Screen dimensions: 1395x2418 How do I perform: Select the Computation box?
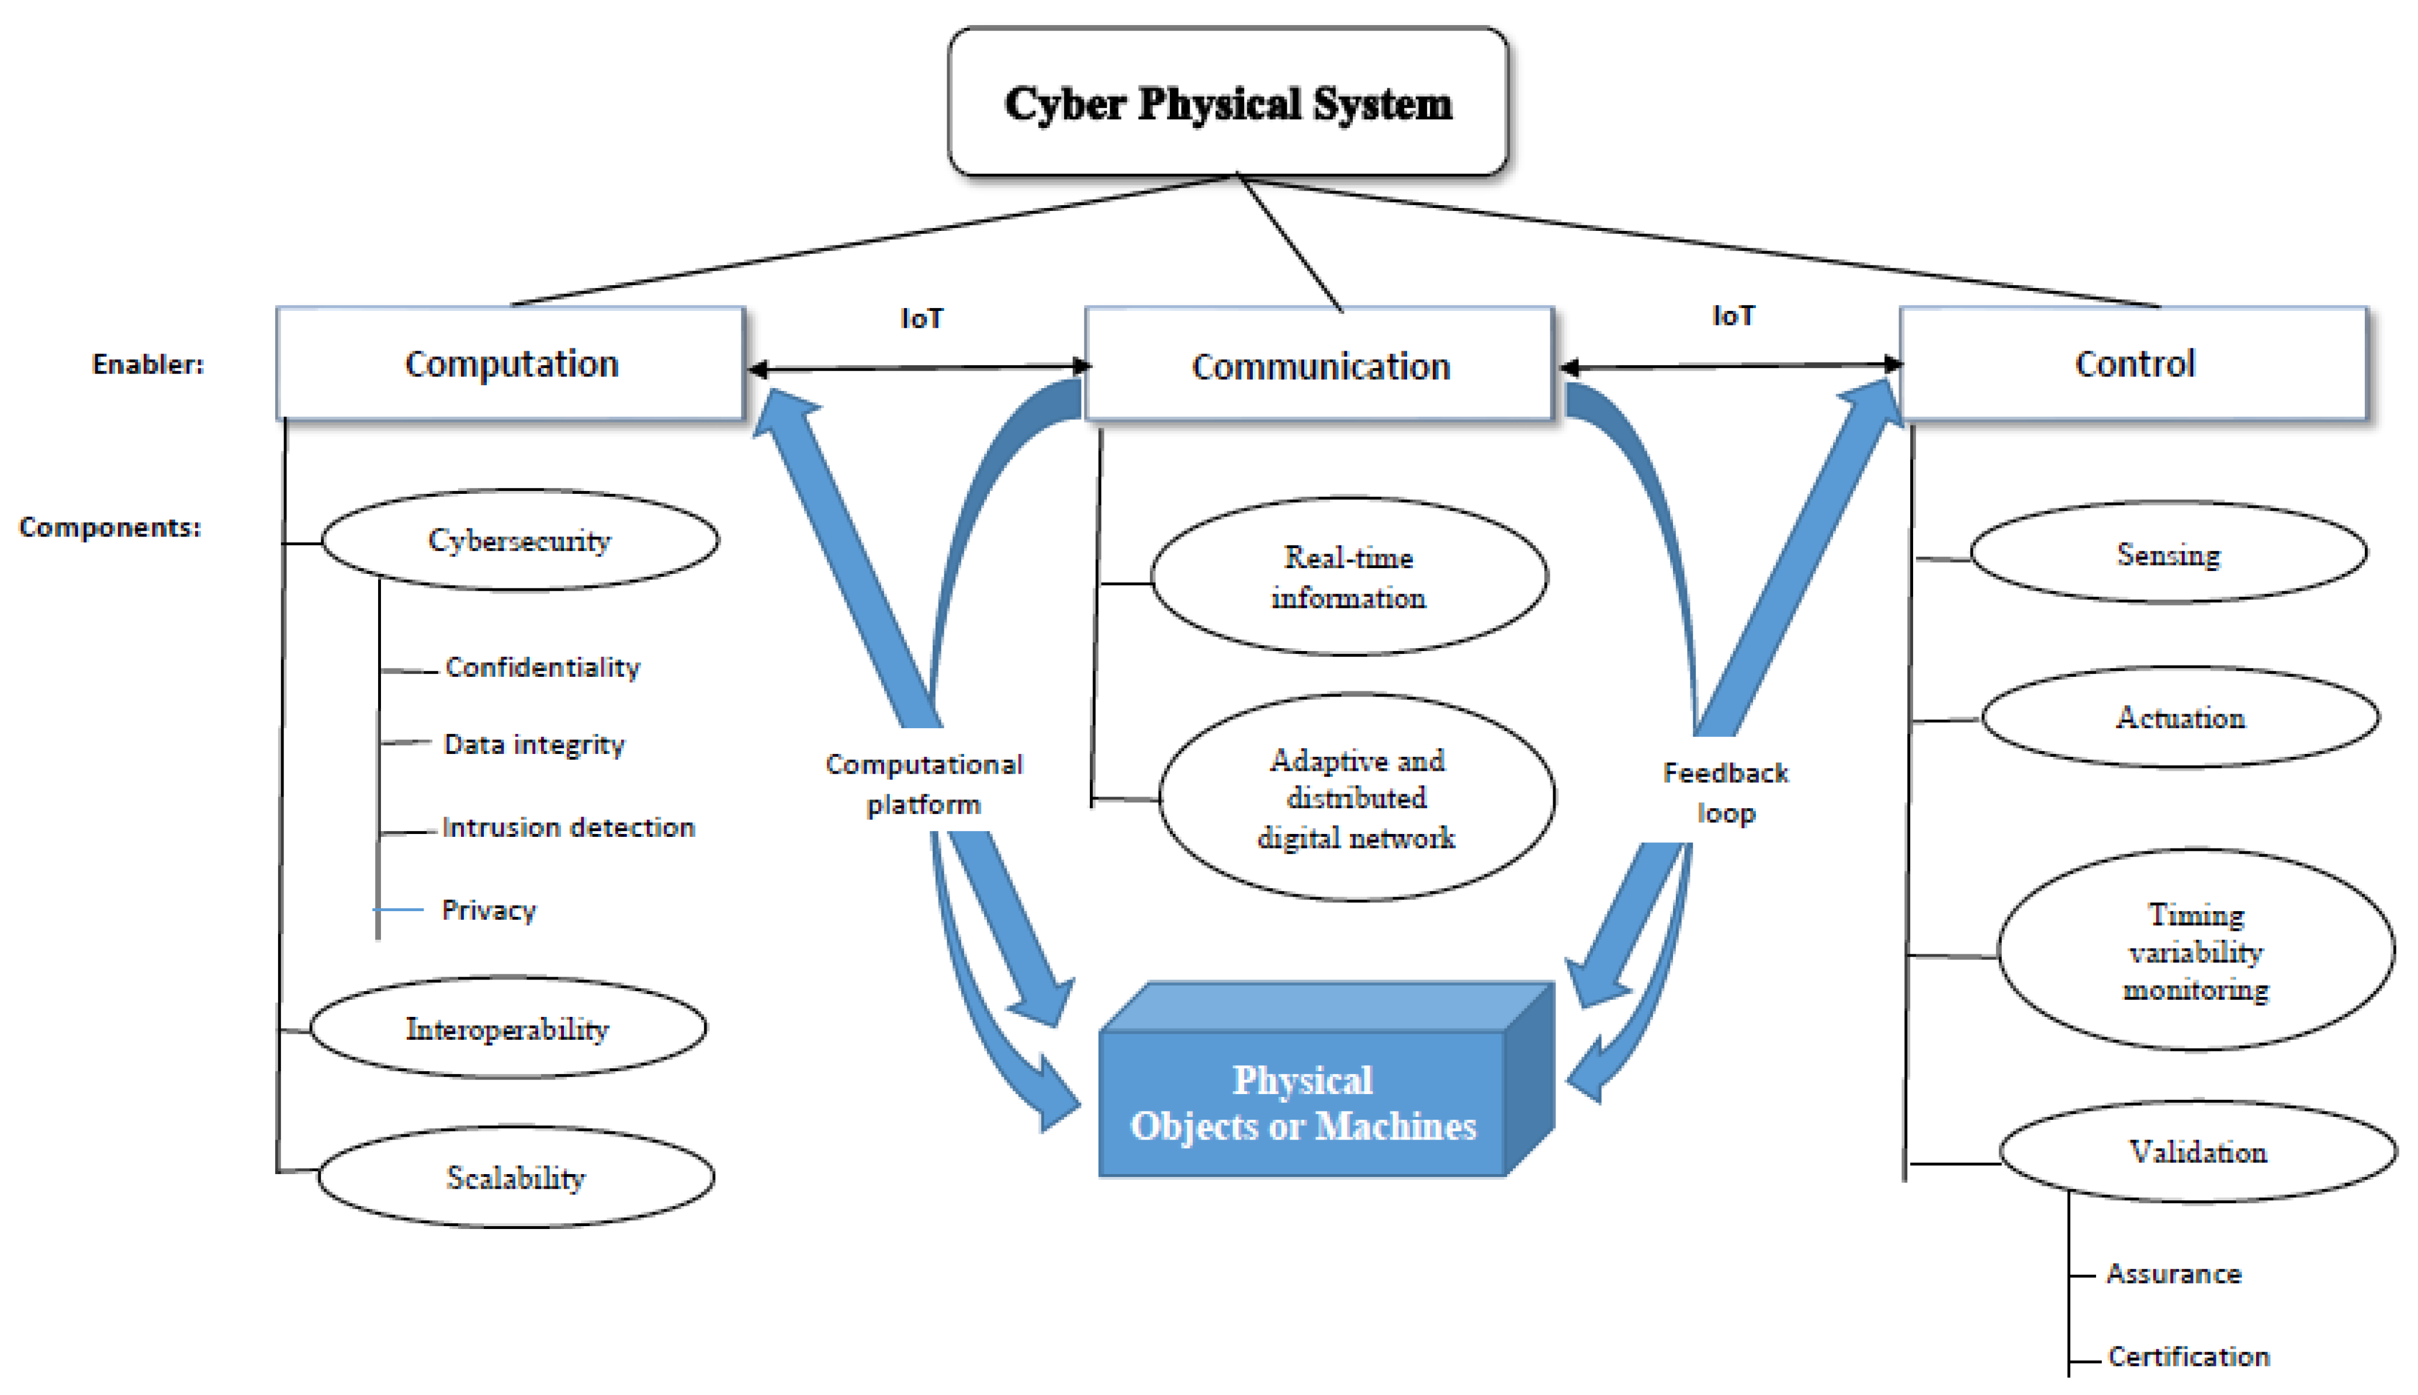point(511,364)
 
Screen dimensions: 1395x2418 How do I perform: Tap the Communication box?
point(1319,366)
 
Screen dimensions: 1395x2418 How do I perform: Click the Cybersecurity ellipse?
point(519,541)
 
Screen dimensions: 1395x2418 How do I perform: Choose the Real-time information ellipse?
point(1348,577)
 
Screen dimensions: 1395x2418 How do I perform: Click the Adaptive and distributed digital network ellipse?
point(1356,798)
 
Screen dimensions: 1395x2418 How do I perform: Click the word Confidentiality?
point(542,667)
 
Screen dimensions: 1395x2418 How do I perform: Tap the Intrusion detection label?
point(568,827)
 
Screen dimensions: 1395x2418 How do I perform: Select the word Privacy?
point(489,909)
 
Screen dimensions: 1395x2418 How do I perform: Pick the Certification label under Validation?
point(2188,1356)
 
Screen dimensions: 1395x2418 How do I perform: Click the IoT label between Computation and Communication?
point(922,318)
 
